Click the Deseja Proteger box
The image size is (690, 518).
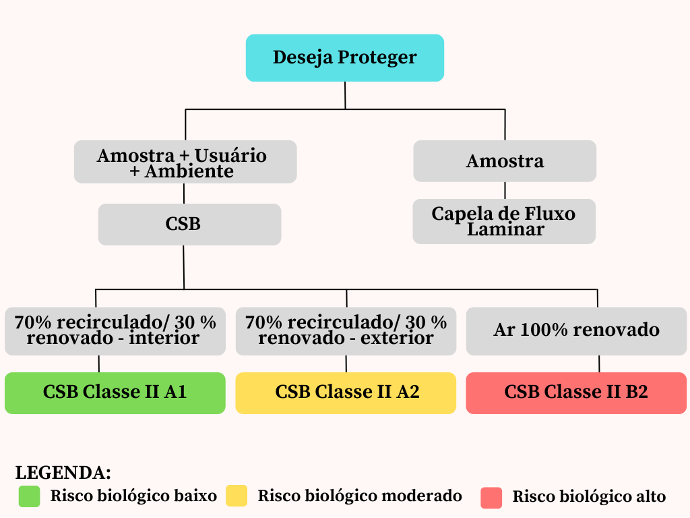coord(344,58)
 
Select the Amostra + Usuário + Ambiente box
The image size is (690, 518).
coord(185,162)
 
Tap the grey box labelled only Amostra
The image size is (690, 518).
coord(505,161)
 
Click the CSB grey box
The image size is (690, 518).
coord(189,225)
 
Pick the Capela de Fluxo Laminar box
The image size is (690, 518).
coord(504,221)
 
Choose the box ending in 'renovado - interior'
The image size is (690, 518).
coord(115,330)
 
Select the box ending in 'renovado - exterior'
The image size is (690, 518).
coord(346,330)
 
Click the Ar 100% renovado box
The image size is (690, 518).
coord(576,330)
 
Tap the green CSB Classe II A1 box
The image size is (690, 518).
coord(115,393)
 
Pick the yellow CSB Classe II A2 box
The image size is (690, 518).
coord(346,393)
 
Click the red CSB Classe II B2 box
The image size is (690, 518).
coord(576,393)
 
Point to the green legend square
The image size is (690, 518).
coord(30,496)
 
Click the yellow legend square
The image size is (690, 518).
coord(237,496)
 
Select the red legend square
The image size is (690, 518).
coord(491,498)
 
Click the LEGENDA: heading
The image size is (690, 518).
coord(63,472)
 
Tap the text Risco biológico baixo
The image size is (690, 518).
coord(133,496)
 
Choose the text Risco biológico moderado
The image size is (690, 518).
coord(360,496)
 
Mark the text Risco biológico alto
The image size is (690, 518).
coord(589,497)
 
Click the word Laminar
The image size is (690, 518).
coord(505,230)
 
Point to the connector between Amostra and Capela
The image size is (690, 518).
coord(505,190)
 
